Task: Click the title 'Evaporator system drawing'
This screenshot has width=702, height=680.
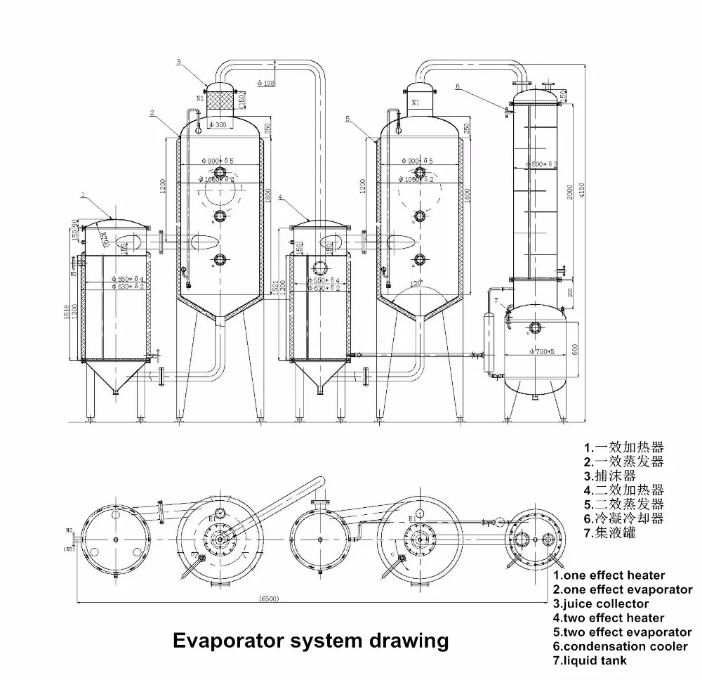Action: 310,641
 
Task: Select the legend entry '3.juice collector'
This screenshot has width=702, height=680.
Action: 601,603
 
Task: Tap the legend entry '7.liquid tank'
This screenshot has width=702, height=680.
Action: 590,660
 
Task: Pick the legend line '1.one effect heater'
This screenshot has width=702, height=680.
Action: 609,575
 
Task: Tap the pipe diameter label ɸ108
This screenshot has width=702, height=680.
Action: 266,83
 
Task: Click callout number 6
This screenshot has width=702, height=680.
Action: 458,86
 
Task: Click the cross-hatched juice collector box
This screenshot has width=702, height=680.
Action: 220,100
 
